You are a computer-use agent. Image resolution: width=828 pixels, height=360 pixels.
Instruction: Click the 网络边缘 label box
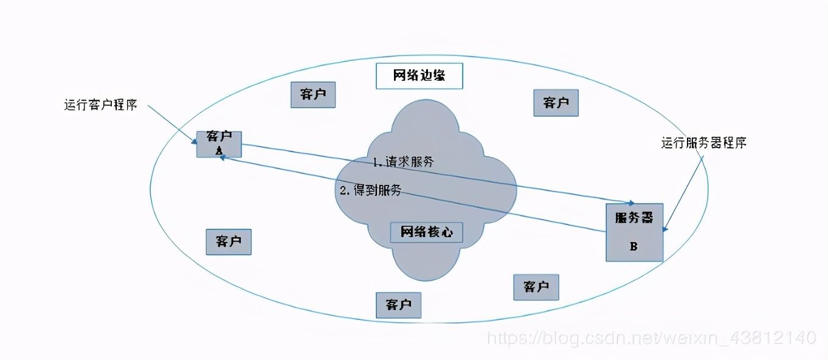click(x=419, y=76)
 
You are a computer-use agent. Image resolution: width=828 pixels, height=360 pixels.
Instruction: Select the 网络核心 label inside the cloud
click(x=426, y=232)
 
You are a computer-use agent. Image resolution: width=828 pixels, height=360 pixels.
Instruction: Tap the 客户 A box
click(x=219, y=144)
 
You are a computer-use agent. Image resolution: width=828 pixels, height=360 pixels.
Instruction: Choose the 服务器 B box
click(x=634, y=232)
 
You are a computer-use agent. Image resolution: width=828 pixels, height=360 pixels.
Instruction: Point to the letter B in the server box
click(x=633, y=246)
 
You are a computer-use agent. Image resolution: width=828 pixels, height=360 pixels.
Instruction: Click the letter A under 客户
click(x=219, y=150)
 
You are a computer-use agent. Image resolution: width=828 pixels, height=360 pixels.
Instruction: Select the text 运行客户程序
click(x=101, y=105)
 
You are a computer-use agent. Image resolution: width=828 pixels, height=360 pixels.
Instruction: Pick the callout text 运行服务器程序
click(x=703, y=144)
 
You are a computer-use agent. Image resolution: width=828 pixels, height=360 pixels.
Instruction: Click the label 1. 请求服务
click(x=403, y=162)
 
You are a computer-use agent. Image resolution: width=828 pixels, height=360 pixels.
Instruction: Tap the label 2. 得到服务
click(x=371, y=190)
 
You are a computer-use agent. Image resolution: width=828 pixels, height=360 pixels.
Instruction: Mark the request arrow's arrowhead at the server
click(x=632, y=202)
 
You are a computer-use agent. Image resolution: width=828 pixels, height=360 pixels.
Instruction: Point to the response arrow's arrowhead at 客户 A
click(x=223, y=157)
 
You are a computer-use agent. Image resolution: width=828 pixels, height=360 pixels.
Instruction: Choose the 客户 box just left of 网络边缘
click(x=313, y=94)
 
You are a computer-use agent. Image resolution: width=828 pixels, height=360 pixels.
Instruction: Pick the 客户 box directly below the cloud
click(x=399, y=304)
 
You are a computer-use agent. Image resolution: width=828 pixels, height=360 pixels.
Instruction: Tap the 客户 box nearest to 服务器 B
click(x=536, y=286)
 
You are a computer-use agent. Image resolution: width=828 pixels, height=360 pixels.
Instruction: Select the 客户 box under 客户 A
click(x=229, y=241)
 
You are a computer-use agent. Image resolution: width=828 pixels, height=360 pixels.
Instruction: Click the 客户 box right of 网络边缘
click(x=556, y=103)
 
